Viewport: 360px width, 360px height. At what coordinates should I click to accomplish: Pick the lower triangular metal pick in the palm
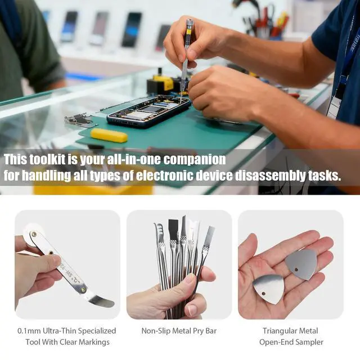click(x=268, y=289)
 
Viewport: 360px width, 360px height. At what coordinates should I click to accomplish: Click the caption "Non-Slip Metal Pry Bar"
click(x=179, y=331)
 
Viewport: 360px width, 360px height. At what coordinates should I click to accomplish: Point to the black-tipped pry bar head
click(x=173, y=228)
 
